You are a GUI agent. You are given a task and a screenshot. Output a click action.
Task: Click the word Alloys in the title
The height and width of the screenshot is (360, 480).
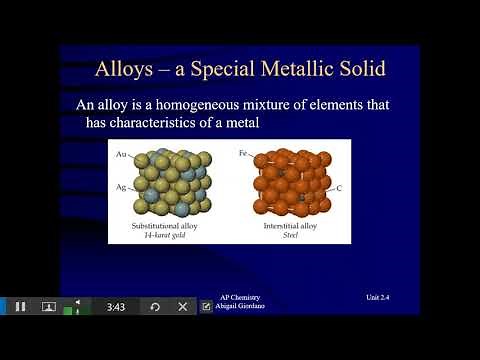pos(126,69)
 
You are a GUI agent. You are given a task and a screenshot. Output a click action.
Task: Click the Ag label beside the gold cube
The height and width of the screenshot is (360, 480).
pos(122,187)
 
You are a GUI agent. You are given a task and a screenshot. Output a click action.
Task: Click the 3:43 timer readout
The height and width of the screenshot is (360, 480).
pos(115,307)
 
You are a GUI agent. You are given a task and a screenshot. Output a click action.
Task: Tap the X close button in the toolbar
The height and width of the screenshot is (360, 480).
pos(183,307)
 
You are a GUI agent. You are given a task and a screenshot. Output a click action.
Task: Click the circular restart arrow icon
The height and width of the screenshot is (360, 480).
pos(154,307)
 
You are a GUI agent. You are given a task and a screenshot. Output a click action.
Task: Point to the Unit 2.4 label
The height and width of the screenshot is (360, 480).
pos(384,297)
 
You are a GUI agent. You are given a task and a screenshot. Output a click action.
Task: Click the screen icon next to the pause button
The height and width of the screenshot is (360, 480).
pos(48,307)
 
